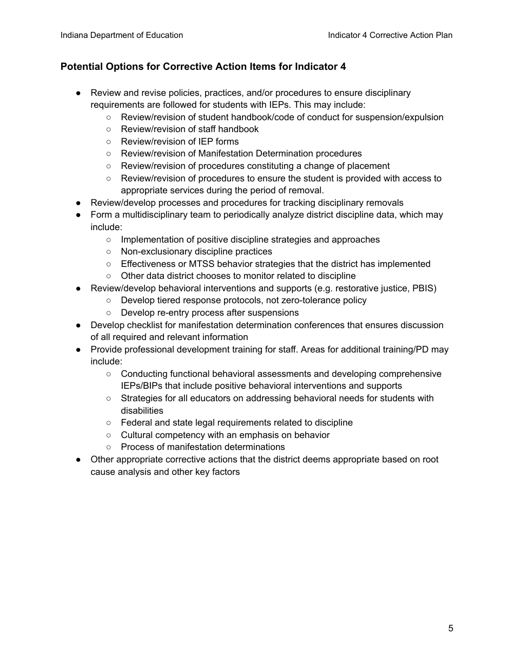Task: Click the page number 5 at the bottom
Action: [x=451, y=629]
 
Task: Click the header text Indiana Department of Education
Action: [x=122, y=35]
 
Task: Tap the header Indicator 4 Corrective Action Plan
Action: [x=390, y=35]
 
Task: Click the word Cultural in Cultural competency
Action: [x=137, y=435]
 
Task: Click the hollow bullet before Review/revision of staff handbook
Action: [x=109, y=129]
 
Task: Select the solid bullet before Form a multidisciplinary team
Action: [x=78, y=215]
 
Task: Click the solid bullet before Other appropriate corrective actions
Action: [x=78, y=460]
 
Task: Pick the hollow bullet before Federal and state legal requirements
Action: [x=109, y=423]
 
